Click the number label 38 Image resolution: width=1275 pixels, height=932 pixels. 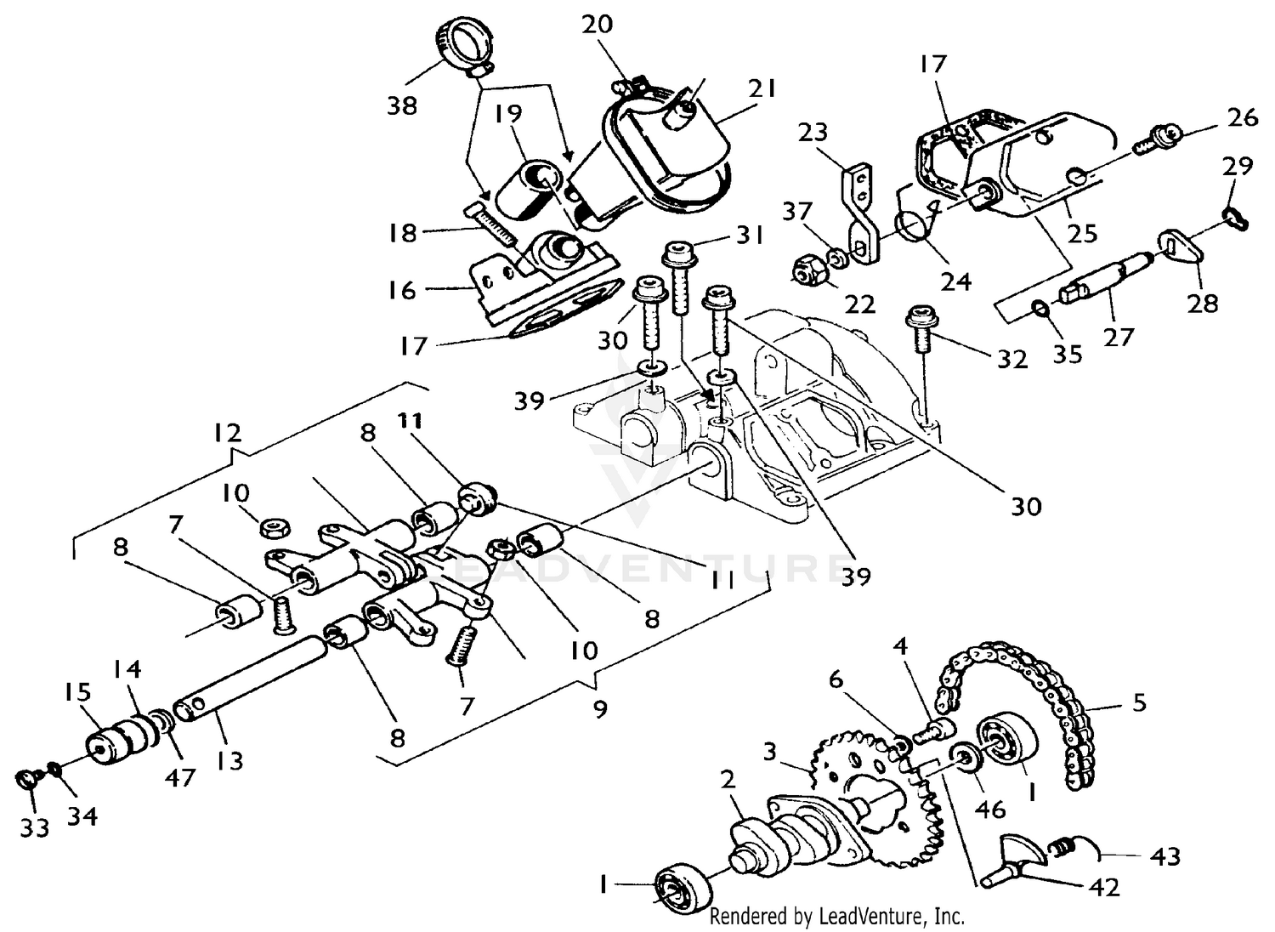[402, 105]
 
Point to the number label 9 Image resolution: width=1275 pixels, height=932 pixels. [600, 708]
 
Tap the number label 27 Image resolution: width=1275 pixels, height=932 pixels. [1119, 338]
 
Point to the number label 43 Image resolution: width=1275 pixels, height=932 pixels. [1164, 855]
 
